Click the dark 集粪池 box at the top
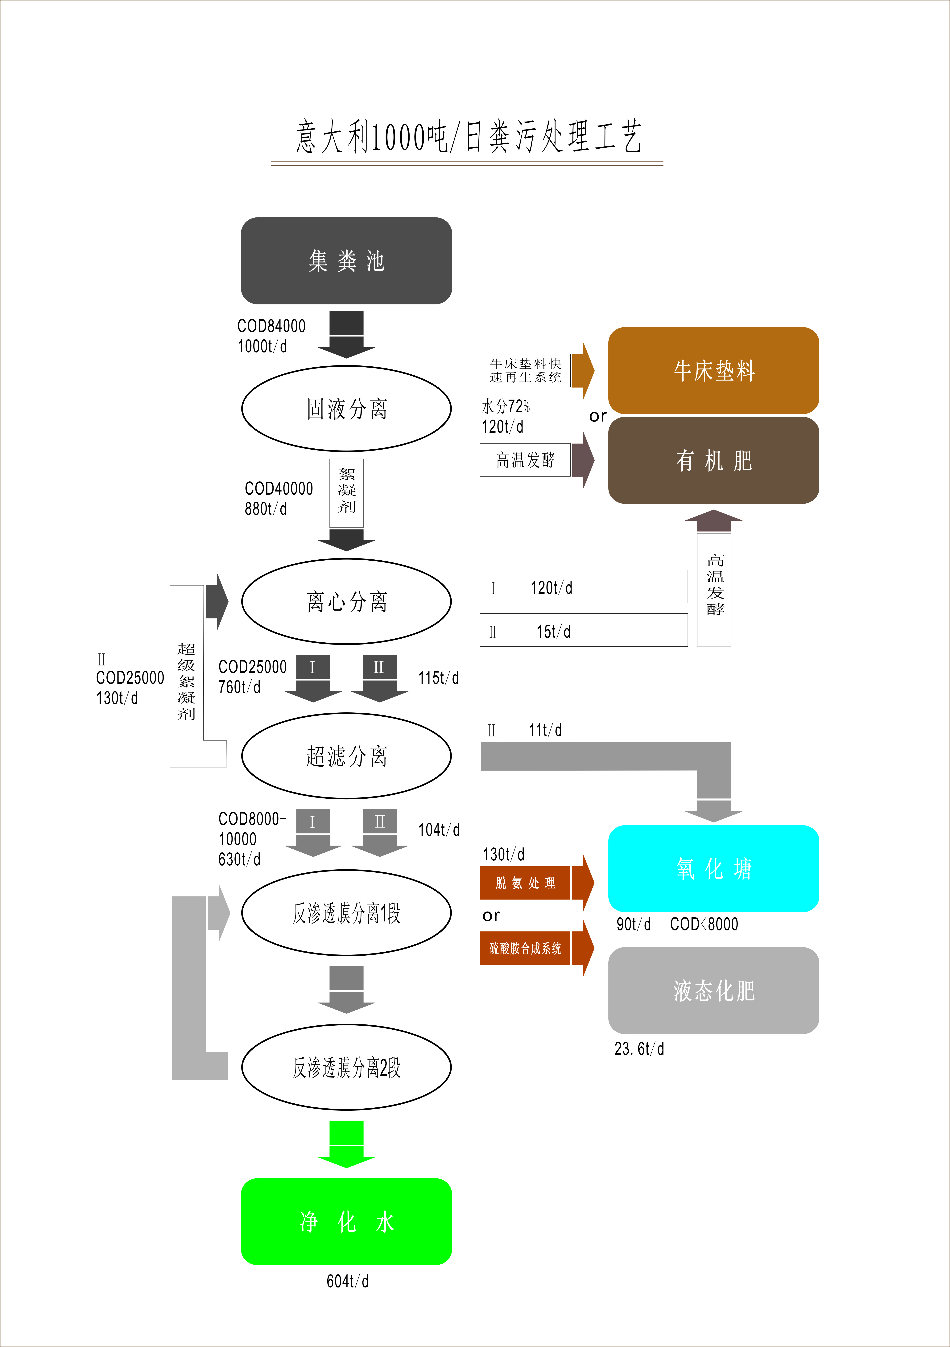346,261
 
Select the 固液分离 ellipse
346,408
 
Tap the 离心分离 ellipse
346,601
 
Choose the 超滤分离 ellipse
346,756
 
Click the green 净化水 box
346,1221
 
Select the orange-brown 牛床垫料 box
713,370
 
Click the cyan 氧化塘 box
713,868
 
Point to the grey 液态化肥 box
713,990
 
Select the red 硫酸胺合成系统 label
525,948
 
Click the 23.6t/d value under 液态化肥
639,1048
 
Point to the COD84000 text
271,326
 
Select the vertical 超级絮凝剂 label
187,681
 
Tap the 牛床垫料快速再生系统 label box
525,370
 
